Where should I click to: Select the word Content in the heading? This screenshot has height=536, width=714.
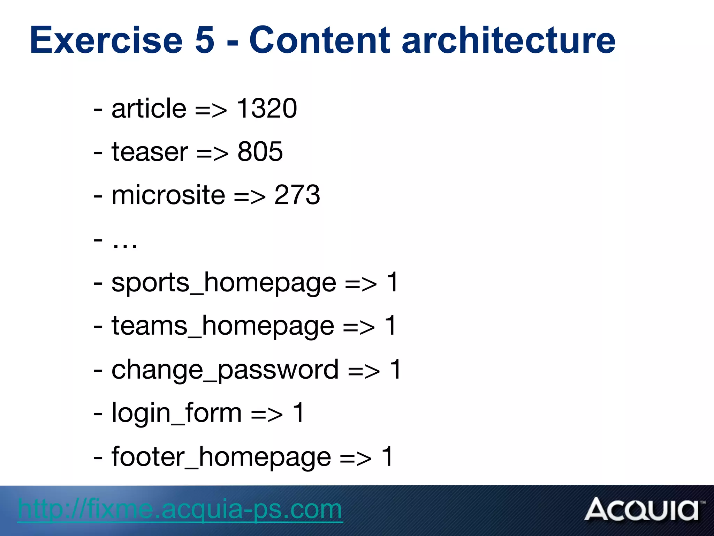[x=319, y=40]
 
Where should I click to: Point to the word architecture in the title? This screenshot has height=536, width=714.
[x=509, y=40]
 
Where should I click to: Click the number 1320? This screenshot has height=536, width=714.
[x=267, y=109]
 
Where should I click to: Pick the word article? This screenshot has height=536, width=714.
[x=149, y=109]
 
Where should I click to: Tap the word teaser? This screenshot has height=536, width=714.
[x=150, y=152]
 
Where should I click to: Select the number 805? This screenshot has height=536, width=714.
[x=260, y=152]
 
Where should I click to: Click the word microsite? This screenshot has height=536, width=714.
[x=168, y=195]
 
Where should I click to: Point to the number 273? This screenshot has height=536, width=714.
[x=297, y=195]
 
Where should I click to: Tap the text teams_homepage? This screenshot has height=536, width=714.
[x=223, y=326]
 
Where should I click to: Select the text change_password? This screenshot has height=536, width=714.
[x=225, y=370]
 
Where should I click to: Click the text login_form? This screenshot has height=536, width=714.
[x=176, y=413]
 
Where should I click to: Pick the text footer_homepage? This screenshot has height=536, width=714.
[x=221, y=457]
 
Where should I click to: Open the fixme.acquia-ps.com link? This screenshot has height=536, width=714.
[x=180, y=509]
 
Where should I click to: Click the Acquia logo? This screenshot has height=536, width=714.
[x=643, y=509]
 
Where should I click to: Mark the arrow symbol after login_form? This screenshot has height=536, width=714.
[x=267, y=415]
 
